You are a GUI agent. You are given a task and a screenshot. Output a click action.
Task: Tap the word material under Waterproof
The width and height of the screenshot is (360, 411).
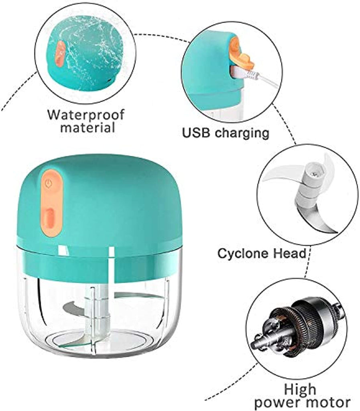[88, 128]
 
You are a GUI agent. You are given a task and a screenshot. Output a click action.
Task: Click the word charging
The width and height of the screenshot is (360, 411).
[242, 133]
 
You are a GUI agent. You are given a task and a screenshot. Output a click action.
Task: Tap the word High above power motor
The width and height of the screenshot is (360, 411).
[300, 389]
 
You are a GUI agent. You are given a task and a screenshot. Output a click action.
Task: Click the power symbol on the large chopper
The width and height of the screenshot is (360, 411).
[48, 183]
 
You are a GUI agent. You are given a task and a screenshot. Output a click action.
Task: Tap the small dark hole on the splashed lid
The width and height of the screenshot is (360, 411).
[109, 80]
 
